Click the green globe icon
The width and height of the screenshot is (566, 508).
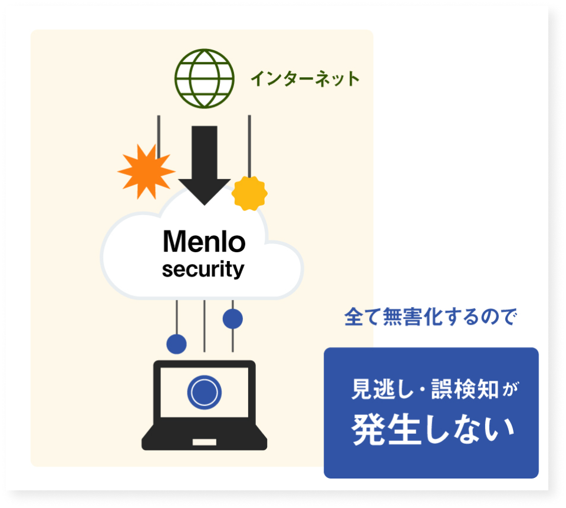tap(204, 79)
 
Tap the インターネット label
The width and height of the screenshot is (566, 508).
tap(305, 79)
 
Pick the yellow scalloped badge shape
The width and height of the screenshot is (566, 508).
tap(249, 193)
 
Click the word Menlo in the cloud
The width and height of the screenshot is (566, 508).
tap(203, 242)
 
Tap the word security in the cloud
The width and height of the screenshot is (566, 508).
tap(203, 269)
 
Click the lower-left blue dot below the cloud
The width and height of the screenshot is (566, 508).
tap(176, 343)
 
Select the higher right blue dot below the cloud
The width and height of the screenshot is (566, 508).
tap(233, 319)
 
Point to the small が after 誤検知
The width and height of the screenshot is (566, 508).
tap(511, 391)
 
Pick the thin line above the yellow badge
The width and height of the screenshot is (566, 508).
tap(249, 144)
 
